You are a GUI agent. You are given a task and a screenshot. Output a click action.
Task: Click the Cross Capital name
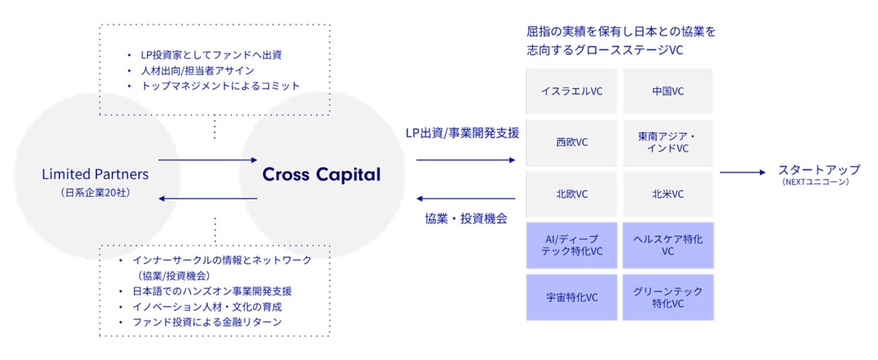[x=321, y=174]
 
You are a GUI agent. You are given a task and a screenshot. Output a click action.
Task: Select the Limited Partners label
[x=95, y=174]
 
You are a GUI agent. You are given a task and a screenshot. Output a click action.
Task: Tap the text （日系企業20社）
[x=95, y=193]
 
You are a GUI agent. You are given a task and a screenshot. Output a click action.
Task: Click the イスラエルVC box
[x=571, y=91]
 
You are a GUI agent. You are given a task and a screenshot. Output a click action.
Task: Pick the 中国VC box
[x=668, y=91]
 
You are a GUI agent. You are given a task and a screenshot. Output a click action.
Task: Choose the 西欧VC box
[x=571, y=142]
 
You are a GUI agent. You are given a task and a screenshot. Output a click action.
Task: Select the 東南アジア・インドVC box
[x=668, y=142]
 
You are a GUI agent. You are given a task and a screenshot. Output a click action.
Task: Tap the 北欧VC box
[x=571, y=194]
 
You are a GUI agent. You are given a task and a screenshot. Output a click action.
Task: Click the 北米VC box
[x=668, y=194]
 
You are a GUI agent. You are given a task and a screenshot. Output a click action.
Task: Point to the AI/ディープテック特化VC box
[x=571, y=245]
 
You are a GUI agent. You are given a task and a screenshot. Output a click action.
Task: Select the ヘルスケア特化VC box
[x=668, y=245]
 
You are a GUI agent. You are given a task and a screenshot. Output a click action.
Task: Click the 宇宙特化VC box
[x=571, y=297]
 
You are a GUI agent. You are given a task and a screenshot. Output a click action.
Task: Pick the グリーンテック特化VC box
[x=668, y=297]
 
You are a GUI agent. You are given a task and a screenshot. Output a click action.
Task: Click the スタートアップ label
[x=819, y=170]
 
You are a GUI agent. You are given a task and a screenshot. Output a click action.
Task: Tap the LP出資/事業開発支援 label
[x=462, y=134]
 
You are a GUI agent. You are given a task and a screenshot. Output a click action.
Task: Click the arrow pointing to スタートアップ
[x=742, y=172]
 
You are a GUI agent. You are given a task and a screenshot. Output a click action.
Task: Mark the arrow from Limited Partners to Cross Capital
[x=207, y=160]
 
